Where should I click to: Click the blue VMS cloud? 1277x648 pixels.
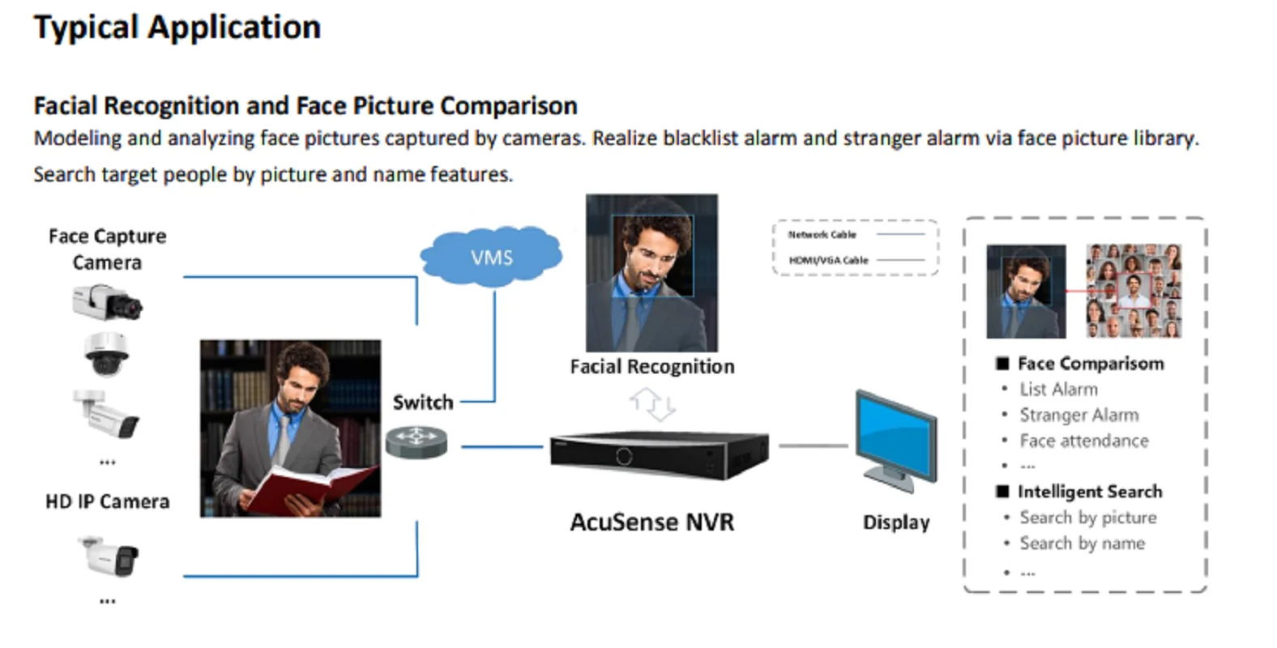(491, 257)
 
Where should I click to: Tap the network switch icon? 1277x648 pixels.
(416, 442)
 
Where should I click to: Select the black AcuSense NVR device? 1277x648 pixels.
(659, 455)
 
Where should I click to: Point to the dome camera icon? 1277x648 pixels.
(107, 355)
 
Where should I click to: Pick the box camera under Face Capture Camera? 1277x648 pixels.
(107, 302)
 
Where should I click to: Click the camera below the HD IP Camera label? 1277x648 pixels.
(109, 556)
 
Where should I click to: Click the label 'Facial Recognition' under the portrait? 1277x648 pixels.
(652, 366)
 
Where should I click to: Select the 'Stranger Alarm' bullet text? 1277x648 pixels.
(1078, 415)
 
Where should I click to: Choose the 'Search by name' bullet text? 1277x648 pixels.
(1082, 544)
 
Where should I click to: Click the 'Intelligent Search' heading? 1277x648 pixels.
(1090, 492)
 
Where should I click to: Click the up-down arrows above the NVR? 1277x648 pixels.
(653, 404)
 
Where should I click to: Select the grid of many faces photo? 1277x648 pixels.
(1134, 291)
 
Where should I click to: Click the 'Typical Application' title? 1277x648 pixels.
(177, 27)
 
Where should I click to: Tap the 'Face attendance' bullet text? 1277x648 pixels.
(1083, 441)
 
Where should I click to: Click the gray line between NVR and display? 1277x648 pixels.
(813, 446)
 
